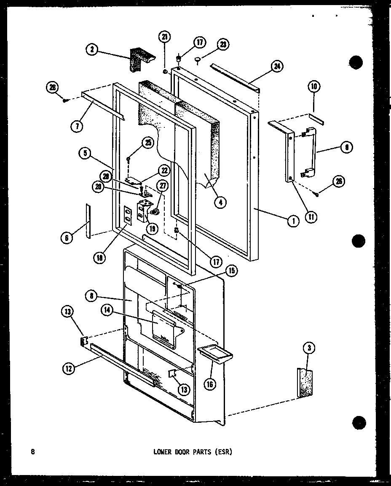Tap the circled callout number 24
tap(277, 66)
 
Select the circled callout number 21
tap(165, 37)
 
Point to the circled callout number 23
tap(222, 45)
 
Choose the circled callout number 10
tap(314, 87)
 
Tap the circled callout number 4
tap(220, 202)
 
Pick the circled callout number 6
tap(67, 238)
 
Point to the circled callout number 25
tap(147, 143)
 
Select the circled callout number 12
tap(69, 368)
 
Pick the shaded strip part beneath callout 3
tap(305, 383)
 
